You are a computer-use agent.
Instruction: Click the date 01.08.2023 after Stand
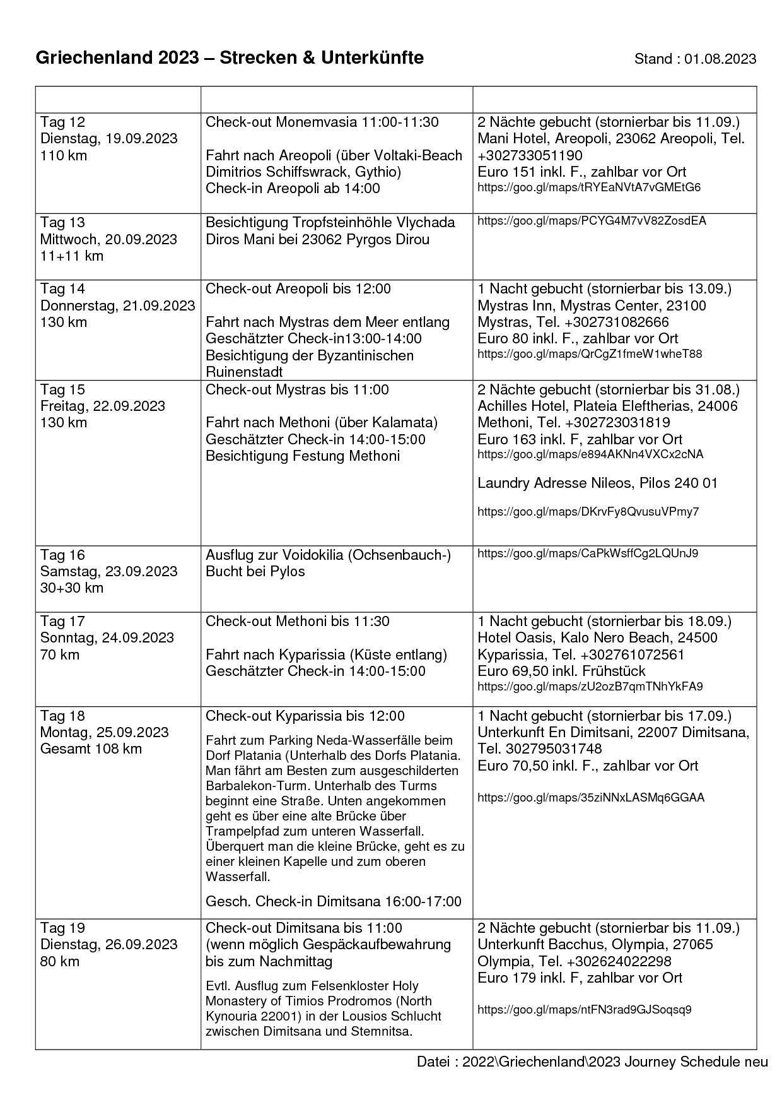coord(720,59)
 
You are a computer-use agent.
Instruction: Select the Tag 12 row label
coord(62,122)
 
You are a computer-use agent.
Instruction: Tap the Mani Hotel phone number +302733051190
coord(530,155)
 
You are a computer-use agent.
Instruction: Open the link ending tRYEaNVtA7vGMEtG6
coord(589,187)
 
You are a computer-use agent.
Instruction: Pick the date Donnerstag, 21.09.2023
coord(117,305)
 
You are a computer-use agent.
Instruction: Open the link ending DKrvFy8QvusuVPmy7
coord(588,511)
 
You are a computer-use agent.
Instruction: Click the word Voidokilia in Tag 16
coord(313,555)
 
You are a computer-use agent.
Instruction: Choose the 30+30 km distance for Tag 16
coord(71,588)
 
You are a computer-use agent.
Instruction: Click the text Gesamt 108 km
coord(91,749)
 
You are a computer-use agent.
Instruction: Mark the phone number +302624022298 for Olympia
coord(619,961)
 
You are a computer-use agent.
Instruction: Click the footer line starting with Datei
coord(592,1062)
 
